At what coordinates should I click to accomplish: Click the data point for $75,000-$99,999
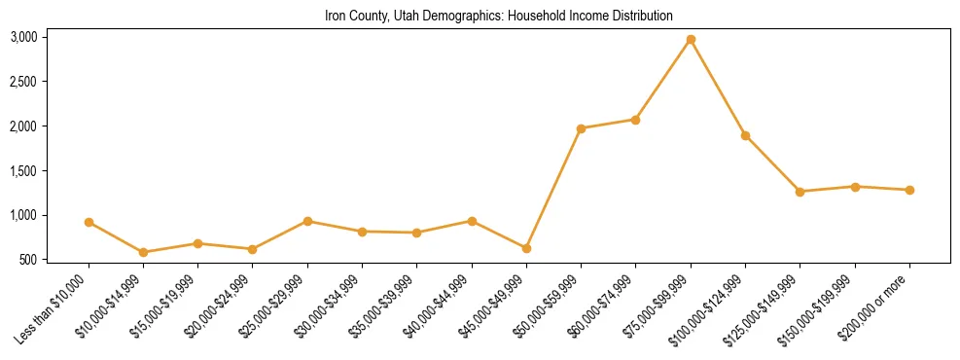pos(691,40)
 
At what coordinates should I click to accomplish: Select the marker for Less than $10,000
pos(89,223)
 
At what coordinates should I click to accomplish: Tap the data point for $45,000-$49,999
pos(526,249)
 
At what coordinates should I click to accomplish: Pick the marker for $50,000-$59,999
pos(581,128)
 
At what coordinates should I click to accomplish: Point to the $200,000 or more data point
pos(909,190)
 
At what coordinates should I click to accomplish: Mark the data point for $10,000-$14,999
pos(143,252)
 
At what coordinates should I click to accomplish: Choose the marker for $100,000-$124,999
pos(745,136)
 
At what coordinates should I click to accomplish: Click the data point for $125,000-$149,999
pos(800,192)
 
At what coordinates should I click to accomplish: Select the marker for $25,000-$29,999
pos(307,221)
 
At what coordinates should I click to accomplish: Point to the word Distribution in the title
pos(643,17)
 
